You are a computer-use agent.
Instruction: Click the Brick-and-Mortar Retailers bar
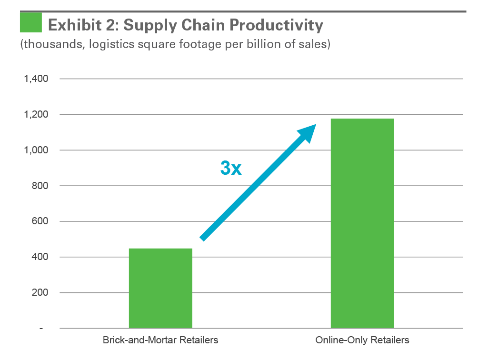[x=160, y=288]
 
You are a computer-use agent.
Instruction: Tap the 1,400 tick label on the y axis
[x=36, y=79]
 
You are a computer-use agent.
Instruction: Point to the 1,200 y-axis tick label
[x=36, y=114]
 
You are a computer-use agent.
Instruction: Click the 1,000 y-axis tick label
[x=36, y=150]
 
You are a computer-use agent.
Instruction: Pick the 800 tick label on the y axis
[x=40, y=186]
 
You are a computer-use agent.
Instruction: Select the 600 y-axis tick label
[x=40, y=221]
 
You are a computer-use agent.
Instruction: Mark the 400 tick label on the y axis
[x=40, y=257]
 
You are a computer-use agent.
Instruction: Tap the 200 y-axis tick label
[x=40, y=293]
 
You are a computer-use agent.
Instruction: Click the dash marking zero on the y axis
[x=41, y=329]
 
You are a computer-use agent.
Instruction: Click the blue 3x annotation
[x=230, y=168]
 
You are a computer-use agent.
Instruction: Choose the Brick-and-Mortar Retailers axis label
[x=160, y=340]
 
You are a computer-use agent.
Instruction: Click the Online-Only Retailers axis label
[x=362, y=340]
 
